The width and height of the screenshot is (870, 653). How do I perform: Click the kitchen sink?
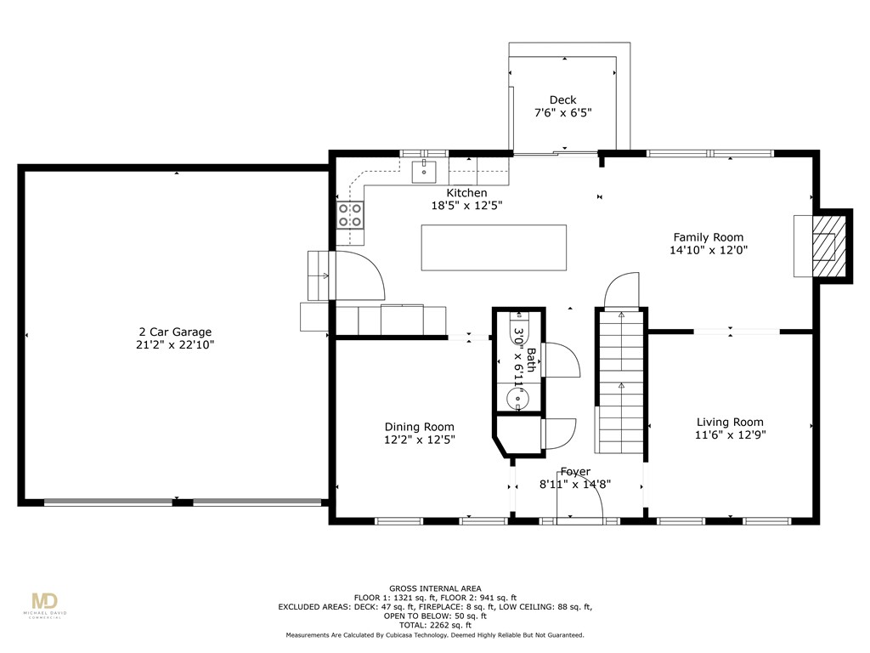coord(424,172)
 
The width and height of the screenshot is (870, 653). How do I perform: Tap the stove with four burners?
coord(351,214)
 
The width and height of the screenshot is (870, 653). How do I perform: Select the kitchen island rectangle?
coord(494,247)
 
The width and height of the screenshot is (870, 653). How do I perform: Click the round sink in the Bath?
coord(517,397)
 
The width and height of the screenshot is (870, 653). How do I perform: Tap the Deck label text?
coord(562,100)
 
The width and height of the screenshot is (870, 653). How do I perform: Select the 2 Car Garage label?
coord(175,332)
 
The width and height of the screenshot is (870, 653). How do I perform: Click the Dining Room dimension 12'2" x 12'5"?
coord(419,440)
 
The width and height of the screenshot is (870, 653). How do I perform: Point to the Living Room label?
coord(730,422)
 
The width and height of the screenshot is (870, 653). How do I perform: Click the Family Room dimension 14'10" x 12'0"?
coord(708,250)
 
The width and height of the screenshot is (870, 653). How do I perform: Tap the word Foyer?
coord(575,472)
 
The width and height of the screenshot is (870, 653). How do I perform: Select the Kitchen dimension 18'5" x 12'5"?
coord(466,205)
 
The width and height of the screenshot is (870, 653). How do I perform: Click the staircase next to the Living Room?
coord(620,383)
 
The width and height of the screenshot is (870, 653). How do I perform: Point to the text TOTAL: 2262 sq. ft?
coord(434,625)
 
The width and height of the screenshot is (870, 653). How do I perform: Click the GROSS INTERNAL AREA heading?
coord(435,588)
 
